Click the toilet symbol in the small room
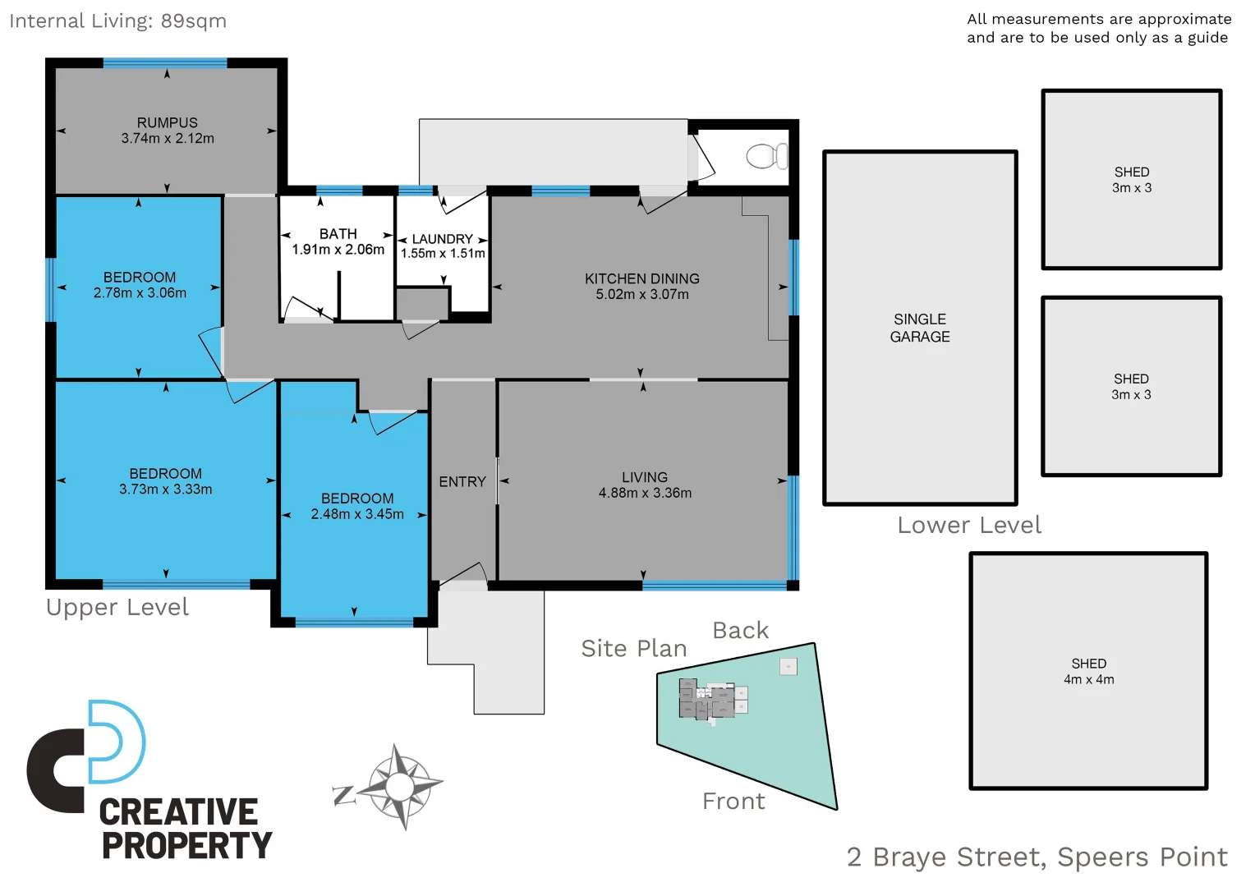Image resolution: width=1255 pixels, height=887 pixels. tap(766, 155)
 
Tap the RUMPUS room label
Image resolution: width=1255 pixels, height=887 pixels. tap(168, 122)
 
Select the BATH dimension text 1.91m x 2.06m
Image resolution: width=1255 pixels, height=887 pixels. tap(338, 250)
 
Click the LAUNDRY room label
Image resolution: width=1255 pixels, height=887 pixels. tap(442, 239)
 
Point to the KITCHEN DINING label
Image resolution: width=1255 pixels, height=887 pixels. tap(641, 278)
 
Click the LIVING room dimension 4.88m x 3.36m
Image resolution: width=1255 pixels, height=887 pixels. tap(645, 493)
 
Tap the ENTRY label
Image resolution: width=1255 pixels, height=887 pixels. tap(462, 482)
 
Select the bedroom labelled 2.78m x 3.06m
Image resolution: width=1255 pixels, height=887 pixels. tap(140, 285)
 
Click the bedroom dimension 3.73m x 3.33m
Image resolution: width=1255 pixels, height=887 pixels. tap(165, 489)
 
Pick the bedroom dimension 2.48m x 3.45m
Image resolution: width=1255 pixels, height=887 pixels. tap(357, 514)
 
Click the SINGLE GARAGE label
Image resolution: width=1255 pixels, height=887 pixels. tap(920, 328)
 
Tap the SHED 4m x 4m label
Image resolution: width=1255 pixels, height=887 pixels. tap(1088, 671)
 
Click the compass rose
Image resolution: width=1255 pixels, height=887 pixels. tap(400, 787)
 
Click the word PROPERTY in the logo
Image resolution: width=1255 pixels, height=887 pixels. tap(186, 845)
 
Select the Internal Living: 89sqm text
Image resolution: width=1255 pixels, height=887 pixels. tap(117, 21)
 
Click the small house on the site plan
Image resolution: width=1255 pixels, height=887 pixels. tap(711, 699)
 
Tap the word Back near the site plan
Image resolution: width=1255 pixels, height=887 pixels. tap(740, 631)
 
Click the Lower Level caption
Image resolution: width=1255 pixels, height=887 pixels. tap(968, 526)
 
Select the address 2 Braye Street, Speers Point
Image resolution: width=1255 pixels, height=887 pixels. tap(1037, 857)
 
